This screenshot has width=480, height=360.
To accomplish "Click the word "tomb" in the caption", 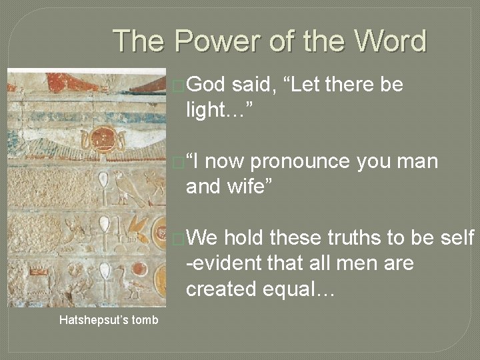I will tap(145, 320).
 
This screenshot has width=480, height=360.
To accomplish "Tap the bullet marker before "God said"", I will tap(177, 85).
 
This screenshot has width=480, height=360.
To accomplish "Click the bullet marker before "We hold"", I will tap(177, 238).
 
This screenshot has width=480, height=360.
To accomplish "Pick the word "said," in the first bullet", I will tap(253, 85).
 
